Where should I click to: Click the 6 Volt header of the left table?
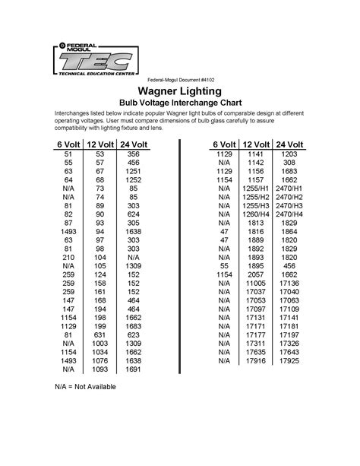(69, 144)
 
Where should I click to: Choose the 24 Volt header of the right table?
(289, 144)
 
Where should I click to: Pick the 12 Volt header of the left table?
(101, 144)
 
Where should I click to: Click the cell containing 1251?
(134, 173)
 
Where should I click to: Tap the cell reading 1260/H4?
(253, 214)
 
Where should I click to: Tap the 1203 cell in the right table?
(289, 154)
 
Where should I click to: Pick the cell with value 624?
(134, 214)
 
